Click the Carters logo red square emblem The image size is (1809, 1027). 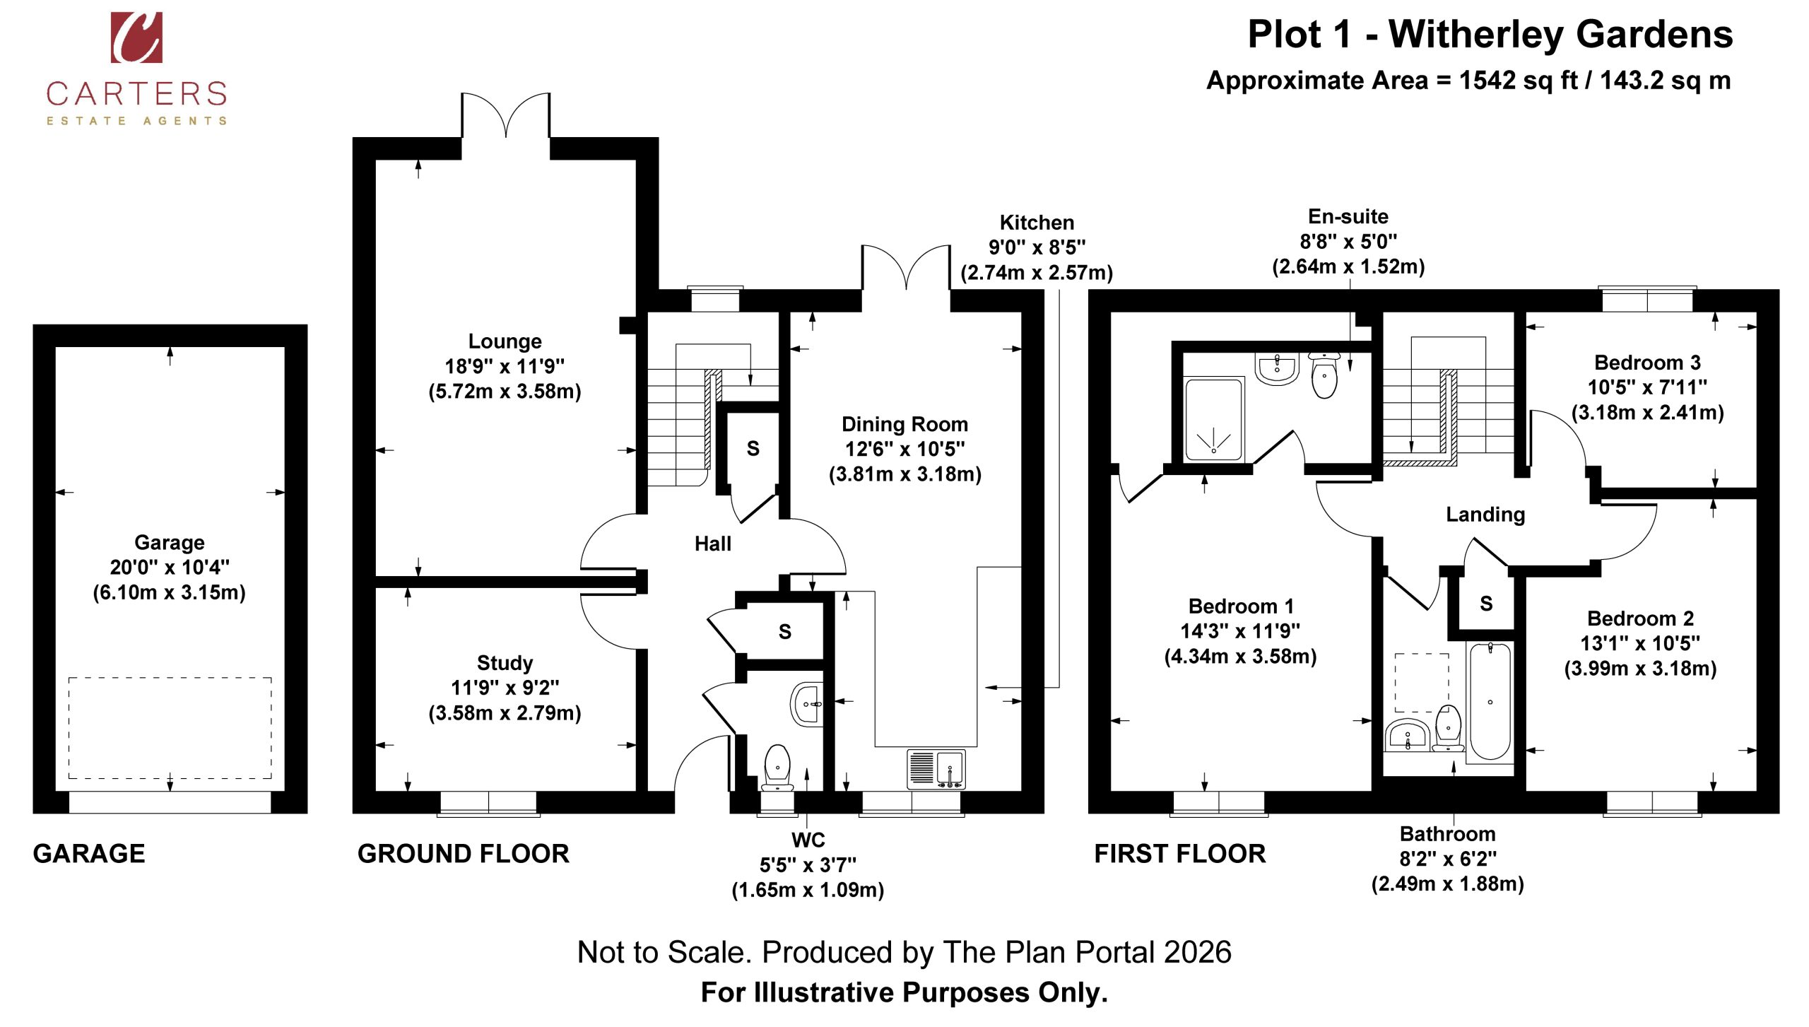[x=136, y=37]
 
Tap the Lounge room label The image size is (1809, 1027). [x=505, y=341]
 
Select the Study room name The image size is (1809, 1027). [x=505, y=663]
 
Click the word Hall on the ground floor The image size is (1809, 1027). [x=712, y=544]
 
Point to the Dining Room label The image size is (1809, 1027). [x=904, y=424]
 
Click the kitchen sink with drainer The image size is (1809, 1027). [x=936, y=769]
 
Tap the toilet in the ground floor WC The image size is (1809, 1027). [x=777, y=767]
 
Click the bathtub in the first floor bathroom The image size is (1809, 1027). [x=1490, y=701]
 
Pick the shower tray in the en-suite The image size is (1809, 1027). [x=1213, y=419]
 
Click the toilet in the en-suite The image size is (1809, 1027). [x=1324, y=375]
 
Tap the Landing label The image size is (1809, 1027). [x=1485, y=515]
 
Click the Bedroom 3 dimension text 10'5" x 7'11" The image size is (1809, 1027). [x=1647, y=387]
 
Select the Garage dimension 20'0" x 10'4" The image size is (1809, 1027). [x=170, y=568]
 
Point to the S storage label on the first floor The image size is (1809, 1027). [x=1486, y=604]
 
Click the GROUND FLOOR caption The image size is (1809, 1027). [x=463, y=854]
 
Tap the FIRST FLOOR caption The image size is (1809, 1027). [x=1180, y=854]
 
